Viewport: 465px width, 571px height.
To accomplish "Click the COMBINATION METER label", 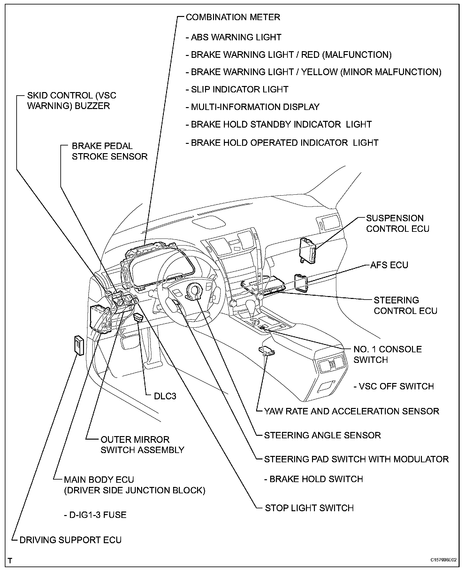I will [233, 17].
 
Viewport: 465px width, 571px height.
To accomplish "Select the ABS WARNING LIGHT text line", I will [236, 37].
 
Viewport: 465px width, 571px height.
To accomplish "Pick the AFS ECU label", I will [389, 265].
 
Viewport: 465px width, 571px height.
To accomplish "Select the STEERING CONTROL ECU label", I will [405, 305].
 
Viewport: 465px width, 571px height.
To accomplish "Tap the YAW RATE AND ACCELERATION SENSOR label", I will [351, 411].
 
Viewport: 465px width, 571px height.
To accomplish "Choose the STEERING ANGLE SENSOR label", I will [322, 435].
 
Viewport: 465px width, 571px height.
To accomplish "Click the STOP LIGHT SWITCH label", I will [309, 508].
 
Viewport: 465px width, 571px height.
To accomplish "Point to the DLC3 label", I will [165, 396].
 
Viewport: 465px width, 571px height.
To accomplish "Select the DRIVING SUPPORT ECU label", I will [71, 540].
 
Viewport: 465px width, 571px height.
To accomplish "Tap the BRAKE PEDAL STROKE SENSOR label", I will [109, 151].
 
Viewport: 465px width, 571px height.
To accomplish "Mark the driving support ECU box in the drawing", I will [79, 345].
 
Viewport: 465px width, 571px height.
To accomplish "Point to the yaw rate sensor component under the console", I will [266, 351].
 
